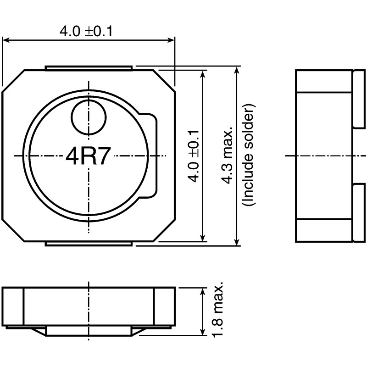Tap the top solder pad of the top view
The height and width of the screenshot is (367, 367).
point(89,68)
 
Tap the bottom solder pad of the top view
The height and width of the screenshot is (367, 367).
point(89,244)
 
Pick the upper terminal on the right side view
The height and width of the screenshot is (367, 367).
point(357,99)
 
